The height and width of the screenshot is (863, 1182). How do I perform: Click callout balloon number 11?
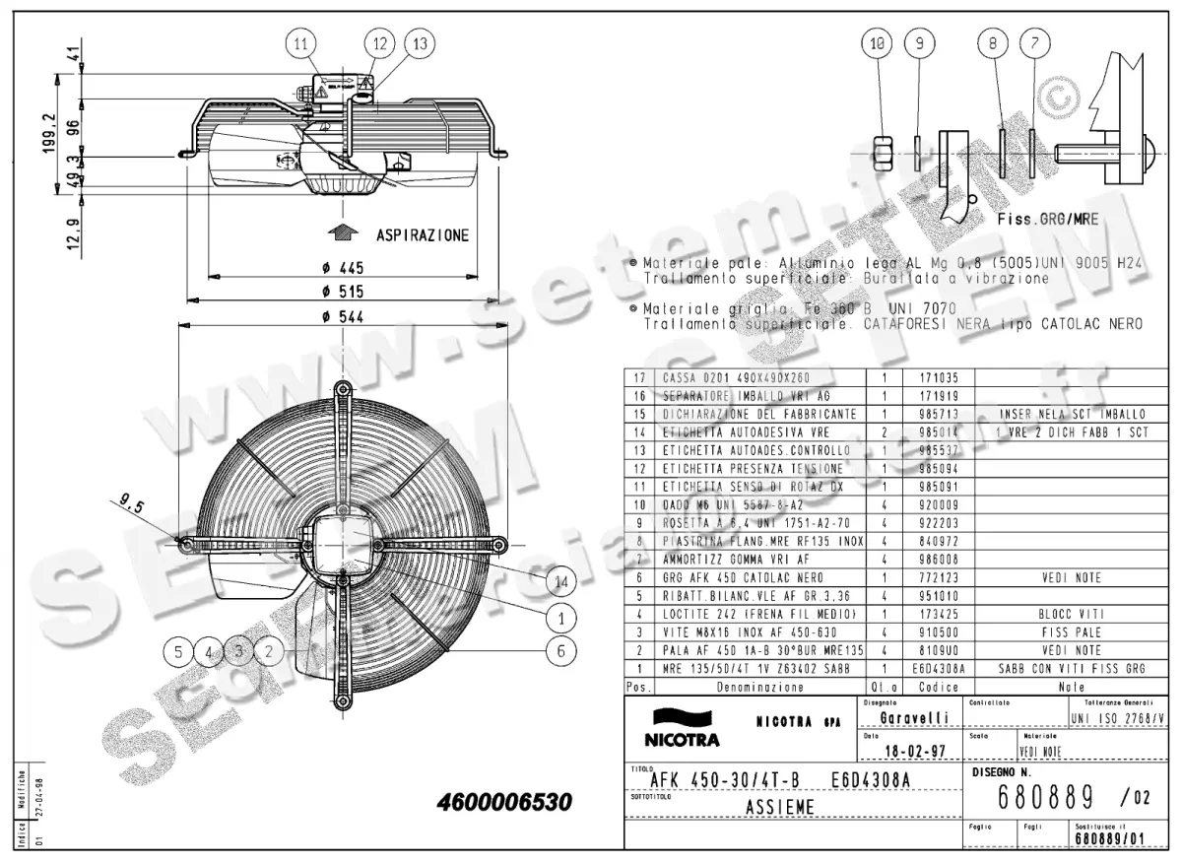(x=301, y=43)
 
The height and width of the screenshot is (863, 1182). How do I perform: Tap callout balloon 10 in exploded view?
(x=879, y=42)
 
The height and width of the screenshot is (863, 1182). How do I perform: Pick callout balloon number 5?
(x=177, y=650)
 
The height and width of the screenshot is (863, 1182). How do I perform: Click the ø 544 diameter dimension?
(x=345, y=316)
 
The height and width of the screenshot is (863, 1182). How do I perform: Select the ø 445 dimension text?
(x=345, y=268)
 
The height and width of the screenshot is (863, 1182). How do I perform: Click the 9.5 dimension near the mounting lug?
(x=133, y=505)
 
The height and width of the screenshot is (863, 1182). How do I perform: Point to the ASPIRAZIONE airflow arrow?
(x=343, y=233)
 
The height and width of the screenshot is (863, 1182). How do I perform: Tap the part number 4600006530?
(x=503, y=803)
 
